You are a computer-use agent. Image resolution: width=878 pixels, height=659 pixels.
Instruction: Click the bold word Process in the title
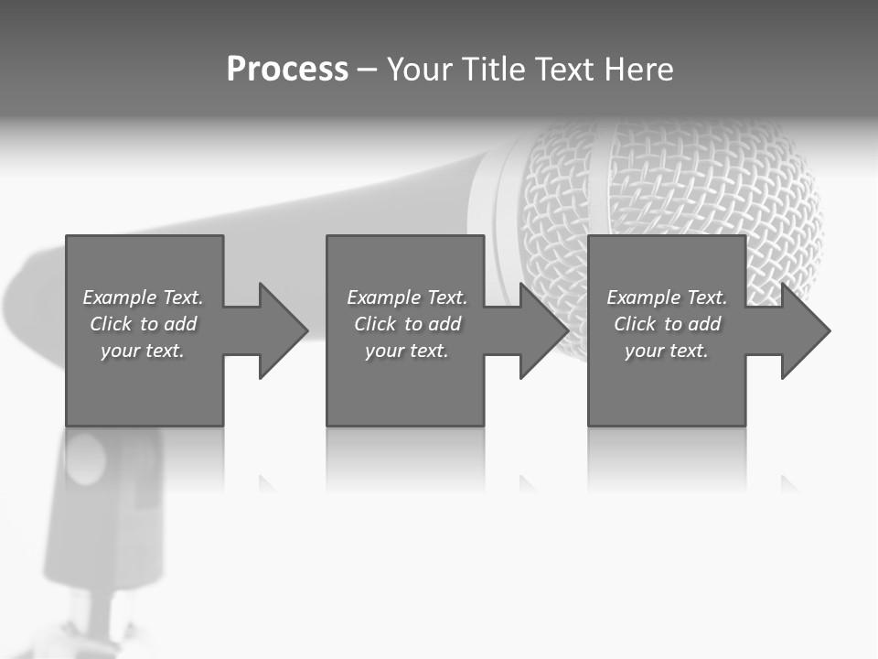(x=287, y=70)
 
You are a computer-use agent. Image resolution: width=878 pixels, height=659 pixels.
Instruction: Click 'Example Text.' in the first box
(x=143, y=297)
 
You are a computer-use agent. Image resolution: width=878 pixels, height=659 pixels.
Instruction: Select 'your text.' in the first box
(x=143, y=351)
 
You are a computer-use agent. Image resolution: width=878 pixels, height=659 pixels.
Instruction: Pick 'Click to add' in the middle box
(x=407, y=324)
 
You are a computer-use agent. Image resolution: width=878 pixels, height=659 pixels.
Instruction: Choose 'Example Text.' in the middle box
(x=407, y=297)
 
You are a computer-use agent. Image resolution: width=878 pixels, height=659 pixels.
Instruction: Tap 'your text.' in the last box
(x=667, y=351)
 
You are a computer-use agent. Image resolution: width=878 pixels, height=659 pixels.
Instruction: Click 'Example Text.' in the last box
(x=667, y=297)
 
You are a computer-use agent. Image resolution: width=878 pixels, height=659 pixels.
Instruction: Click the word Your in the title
(x=421, y=70)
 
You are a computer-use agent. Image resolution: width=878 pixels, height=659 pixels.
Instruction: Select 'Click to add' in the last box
(x=667, y=324)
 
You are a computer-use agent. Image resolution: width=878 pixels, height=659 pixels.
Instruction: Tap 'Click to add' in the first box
(x=143, y=324)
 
